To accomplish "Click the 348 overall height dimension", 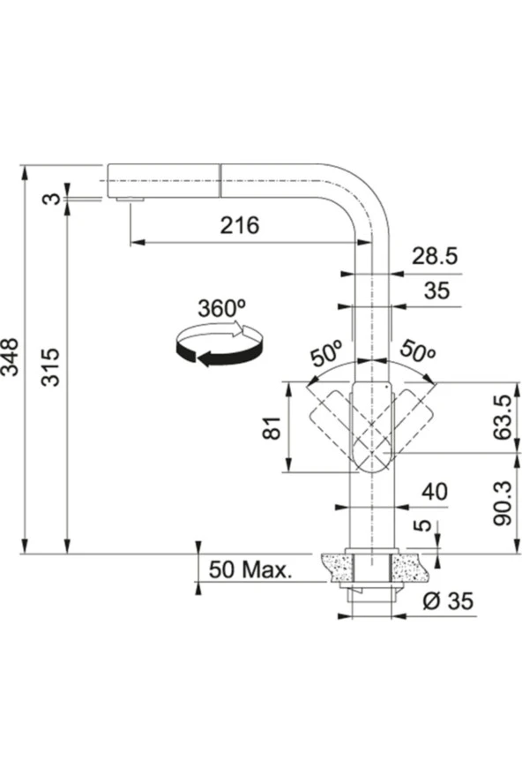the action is (x=11, y=357).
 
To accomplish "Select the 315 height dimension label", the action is (x=50, y=367).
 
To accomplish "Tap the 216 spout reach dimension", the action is (x=240, y=225).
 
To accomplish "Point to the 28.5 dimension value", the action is (x=435, y=256).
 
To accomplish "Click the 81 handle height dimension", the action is (x=272, y=427).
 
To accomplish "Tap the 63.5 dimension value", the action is (x=503, y=417).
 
